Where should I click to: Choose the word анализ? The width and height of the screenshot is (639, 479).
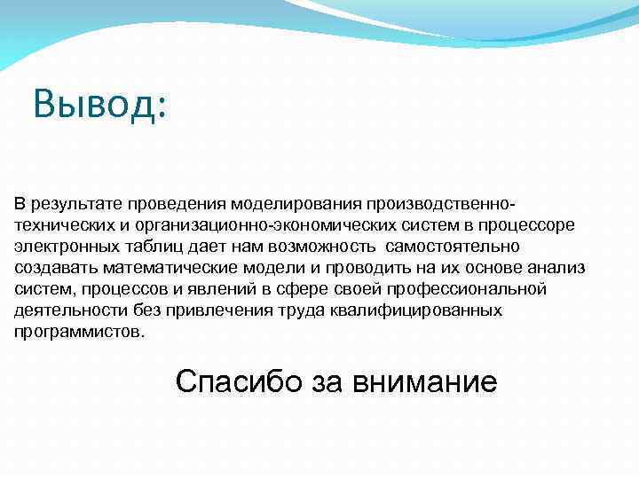557,268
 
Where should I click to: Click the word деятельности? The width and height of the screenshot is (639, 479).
60,310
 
